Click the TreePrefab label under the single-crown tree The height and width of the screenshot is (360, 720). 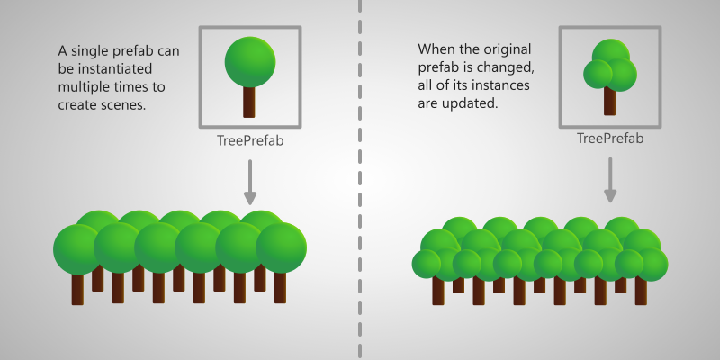pyautogui.click(x=250, y=140)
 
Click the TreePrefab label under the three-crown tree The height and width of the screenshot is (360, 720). pyautogui.click(x=610, y=139)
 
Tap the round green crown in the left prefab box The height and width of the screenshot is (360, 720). pyautogui.click(x=250, y=62)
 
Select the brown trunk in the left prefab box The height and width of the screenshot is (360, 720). pyautogui.click(x=249, y=102)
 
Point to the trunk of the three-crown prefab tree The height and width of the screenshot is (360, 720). pyautogui.click(x=610, y=101)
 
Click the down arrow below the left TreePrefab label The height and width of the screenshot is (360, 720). pyautogui.click(x=250, y=182)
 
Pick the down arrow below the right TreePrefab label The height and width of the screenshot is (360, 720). pyautogui.click(x=610, y=180)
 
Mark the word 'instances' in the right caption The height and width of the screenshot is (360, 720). pyautogui.click(x=501, y=85)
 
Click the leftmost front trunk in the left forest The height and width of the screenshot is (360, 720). pyautogui.click(x=77, y=289)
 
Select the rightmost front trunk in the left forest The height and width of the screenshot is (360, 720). pyautogui.click(x=280, y=287)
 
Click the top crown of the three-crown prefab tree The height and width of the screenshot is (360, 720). pyautogui.click(x=611, y=52)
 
